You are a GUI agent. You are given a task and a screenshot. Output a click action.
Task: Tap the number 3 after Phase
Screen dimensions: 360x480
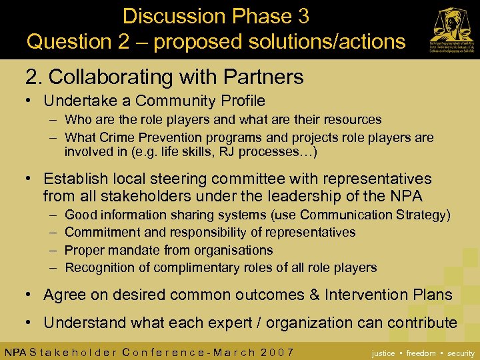click(302, 16)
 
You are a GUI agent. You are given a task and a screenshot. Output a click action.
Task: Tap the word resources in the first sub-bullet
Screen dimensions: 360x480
click(351, 120)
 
